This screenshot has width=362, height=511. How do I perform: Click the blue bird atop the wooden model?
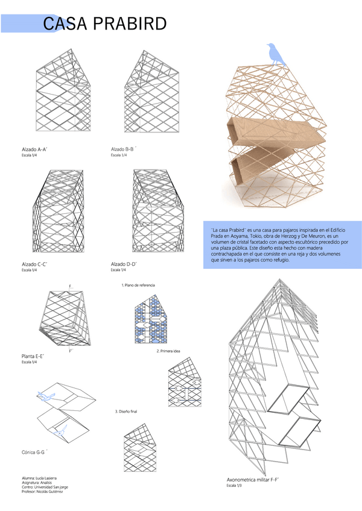pyautogui.click(x=275, y=53)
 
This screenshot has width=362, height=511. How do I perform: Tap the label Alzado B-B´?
pyautogui.click(x=124, y=149)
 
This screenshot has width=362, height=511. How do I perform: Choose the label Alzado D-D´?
pyautogui.click(x=124, y=264)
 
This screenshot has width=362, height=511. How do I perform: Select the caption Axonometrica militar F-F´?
pyautogui.click(x=252, y=480)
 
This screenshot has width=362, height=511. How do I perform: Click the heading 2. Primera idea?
pyautogui.click(x=168, y=351)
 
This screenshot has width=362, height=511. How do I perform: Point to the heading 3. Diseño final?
pyautogui.click(x=127, y=411)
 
